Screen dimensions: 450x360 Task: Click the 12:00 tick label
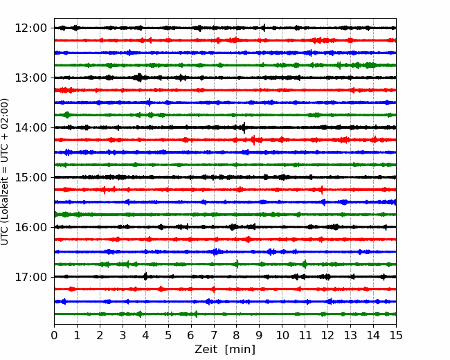pyautogui.click(x=30, y=28)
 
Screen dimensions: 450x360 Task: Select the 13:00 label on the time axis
pyautogui.click(x=30, y=78)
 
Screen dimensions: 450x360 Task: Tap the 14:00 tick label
pyautogui.click(x=30, y=127)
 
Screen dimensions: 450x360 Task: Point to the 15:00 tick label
pyautogui.click(x=30, y=177)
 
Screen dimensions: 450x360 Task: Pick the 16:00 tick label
pyautogui.click(x=30, y=227)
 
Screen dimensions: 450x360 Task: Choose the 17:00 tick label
pyautogui.click(x=30, y=277)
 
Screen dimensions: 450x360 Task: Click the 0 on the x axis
pyautogui.click(x=54, y=335)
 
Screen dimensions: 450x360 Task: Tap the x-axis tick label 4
pyautogui.click(x=145, y=335)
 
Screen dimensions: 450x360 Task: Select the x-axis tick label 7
pyautogui.click(x=214, y=335)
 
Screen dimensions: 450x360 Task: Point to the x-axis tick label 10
pyautogui.click(x=282, y=335)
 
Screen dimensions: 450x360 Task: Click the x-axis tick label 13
pyautogui.click(x=350, y=335)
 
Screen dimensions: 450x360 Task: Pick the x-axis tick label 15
pyautogui.click(x=396, y=335)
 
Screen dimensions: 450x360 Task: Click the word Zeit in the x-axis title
pyautogui.click(x=207, y=349)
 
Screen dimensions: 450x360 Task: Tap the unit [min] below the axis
pyautogui.click(x=240, y=350)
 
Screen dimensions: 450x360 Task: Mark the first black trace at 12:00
pyautogui.click(x=225, y=28)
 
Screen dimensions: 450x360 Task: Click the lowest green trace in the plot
pyautogui.click(x=225, y=314)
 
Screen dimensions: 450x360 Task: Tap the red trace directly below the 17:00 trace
pyautogui.click(x=225, y=289)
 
